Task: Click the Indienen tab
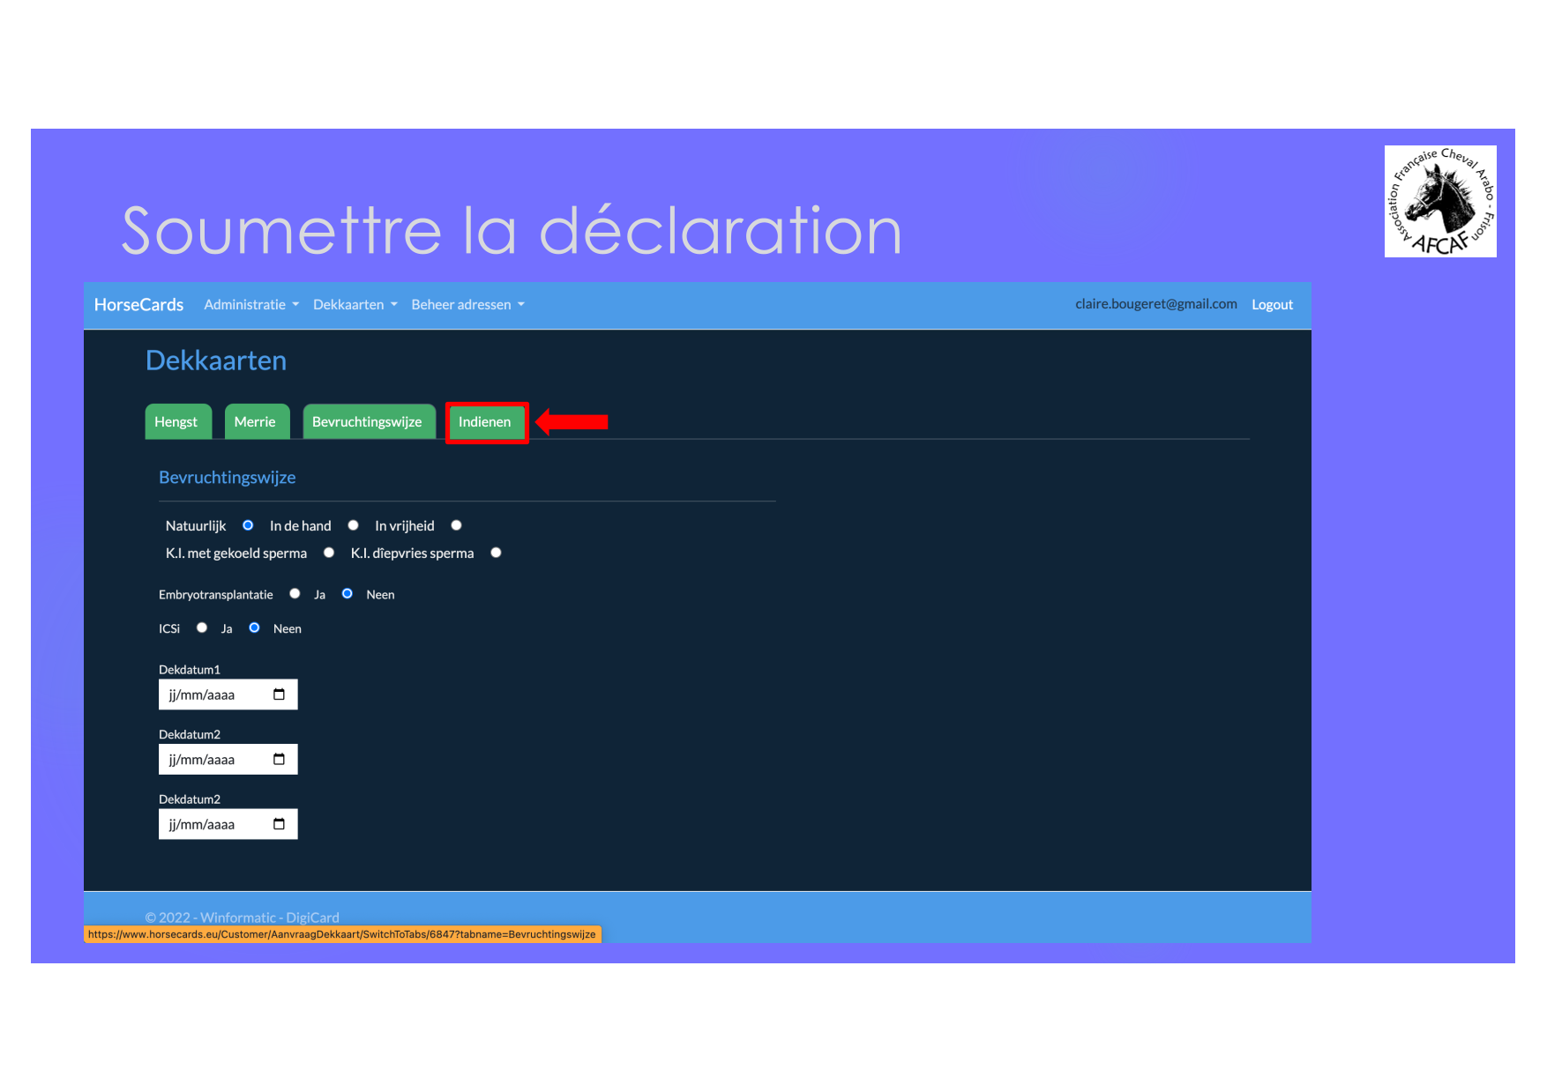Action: point(485,422)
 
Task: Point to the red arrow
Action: point(572,421)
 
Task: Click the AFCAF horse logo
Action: point(1440,202)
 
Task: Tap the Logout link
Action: point(1272,305)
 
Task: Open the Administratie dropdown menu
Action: point(251,305)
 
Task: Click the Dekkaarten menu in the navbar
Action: point(355,305)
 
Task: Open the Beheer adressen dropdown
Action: point(467,305)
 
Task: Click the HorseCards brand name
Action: point(138,305)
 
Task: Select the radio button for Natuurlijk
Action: point(248,525)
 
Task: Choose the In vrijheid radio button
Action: point(456,525)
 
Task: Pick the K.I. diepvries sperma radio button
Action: point(496,553)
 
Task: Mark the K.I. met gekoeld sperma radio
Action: point(329,553)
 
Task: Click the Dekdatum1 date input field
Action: point(228,695)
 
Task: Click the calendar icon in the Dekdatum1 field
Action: point(279,695)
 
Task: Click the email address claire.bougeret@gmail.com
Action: point(1155,304)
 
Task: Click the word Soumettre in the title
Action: point(281,231)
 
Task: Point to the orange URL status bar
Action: point(342,934)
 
